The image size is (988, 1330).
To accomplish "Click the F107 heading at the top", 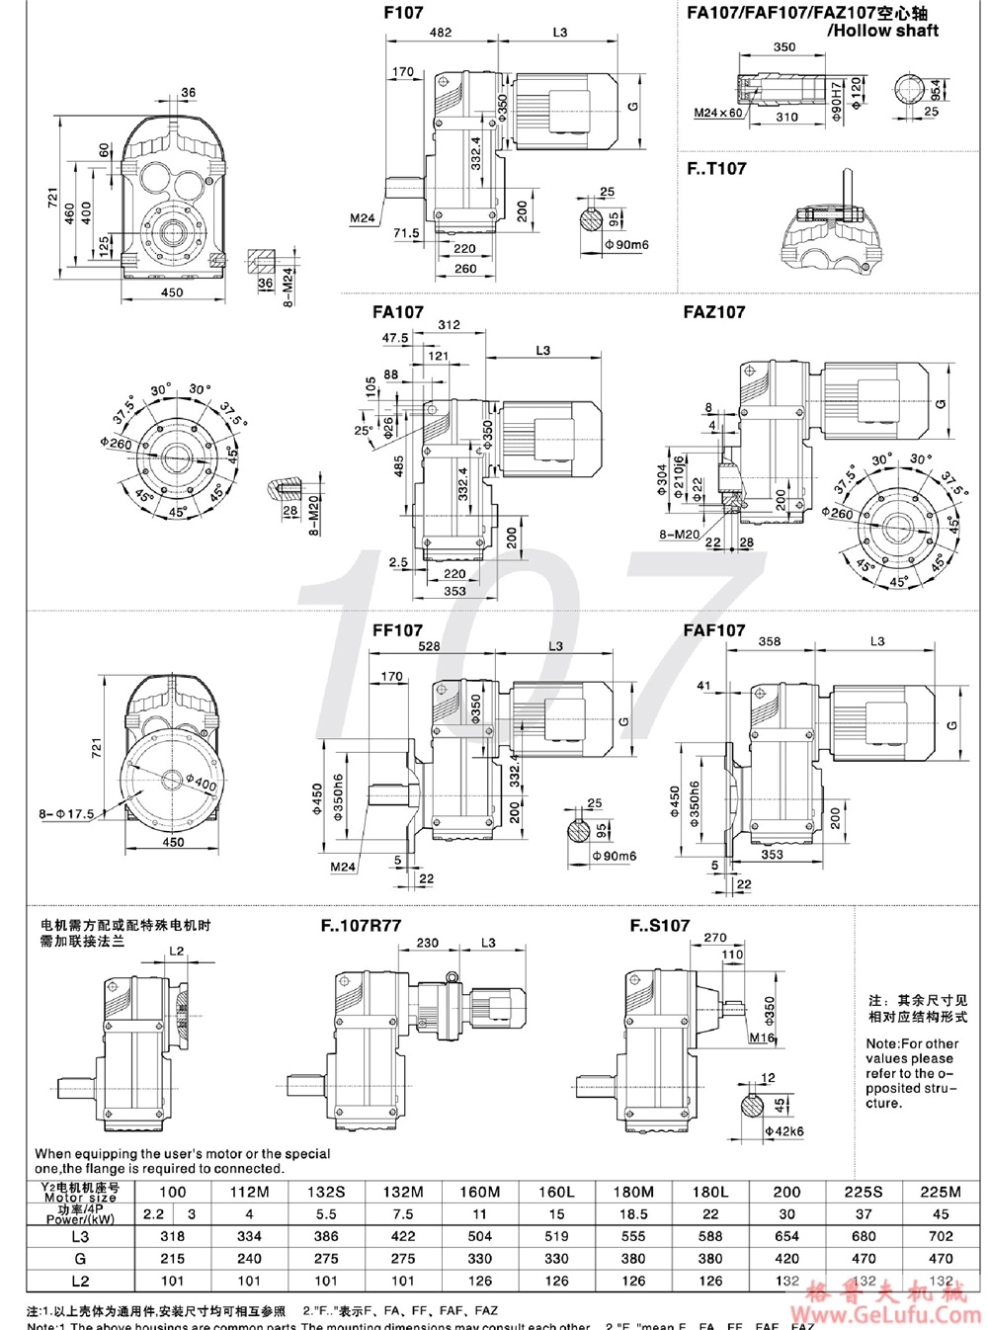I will pyautogui.click(x=403, y=13).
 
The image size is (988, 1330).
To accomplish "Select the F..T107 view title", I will pyautogui.click(x=716, y=169).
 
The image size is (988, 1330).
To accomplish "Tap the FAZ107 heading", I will pyautogui.click(x=713, y=312).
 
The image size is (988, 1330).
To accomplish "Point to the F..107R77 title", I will pyautogui.click(x=361, y=926).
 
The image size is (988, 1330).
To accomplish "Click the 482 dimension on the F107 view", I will pyautogui.click(x=441, y=33).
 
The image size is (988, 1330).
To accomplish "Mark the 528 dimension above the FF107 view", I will pyautogui.click(x=429, y=646).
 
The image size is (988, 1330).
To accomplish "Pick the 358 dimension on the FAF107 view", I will pyautogui.click(x=769, y=641).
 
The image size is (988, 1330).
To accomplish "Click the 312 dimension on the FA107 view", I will pyautogui.click(x=449, y=325).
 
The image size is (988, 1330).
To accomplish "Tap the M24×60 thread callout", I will pyautogui.click(x=717, y=113).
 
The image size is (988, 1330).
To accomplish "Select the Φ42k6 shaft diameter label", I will pyautogui.click(x=783, y=1130).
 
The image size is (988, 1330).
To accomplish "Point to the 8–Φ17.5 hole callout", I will pyautogui.click(x=67, y=814).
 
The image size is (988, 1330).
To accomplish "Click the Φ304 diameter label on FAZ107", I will pyautogui.click(x=663, y=478).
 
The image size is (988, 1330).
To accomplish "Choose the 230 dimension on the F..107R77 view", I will pyautogui.click(x=427, y=943).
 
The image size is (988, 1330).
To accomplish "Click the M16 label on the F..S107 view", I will pyautogui.click(x=762, y=1039).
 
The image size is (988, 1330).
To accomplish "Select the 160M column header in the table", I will pyautogui.click(x=479, y=1192).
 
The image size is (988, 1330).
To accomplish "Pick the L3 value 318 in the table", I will pyautogui.click(x=172, y=1236).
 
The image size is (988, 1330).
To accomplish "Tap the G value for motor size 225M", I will pyautogui.click(x=941, y=1259).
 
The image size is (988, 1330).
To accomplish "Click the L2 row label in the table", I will pyautogui.click(x=80, y=1281).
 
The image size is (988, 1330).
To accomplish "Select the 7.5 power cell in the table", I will pyautogui.click(x=402, y=1214).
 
